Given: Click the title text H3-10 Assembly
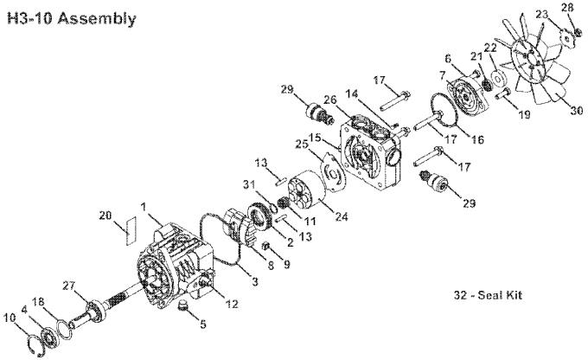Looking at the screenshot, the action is click(x=71, y=18).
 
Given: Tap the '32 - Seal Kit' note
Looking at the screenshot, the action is click(x=488, y=295).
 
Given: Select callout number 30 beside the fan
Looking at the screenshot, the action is click(x=577, y=111).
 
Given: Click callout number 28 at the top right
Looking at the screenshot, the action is click(x=568, y=8).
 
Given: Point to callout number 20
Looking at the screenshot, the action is click(x=105, y=215).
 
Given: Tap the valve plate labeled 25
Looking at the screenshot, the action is click(x=335, y=173).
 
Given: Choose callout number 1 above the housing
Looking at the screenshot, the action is click(x=143, y=207).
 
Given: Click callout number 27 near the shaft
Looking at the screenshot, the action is click(x=69, y=286).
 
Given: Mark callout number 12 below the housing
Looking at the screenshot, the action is click(x=232, y=303).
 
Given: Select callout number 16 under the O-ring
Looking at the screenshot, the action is click(x=477, y=139).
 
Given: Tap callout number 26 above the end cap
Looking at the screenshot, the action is click(x=330, y=100).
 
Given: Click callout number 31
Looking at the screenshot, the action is click(x=249, y=184).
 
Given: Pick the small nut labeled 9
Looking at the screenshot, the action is click(x=265, y=246).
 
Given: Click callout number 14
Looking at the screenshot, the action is click(x=353, y=93).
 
